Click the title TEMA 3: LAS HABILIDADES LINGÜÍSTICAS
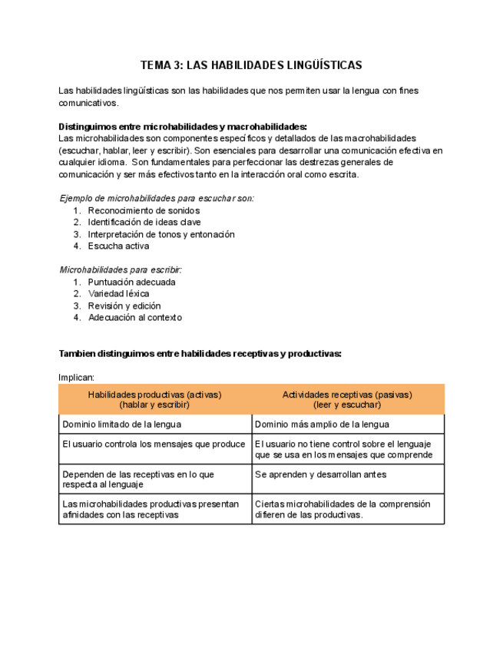click(251, 65)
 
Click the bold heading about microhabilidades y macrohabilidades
click(183, 127)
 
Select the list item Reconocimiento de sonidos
click(144, 210)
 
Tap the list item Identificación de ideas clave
click(144, 223)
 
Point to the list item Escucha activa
click(118, 246)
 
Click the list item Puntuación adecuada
click(131, 282)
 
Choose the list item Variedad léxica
click(118, 293)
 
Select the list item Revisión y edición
click(124, 306)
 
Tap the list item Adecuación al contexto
click(134, 317)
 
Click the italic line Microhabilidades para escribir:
click(121, 270)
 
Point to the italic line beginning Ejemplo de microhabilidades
click(157, 198)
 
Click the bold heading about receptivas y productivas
click(200, 353)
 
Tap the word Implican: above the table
click(77, 377)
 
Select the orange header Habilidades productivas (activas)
click(154, 399)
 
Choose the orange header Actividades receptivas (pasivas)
click(347, 399)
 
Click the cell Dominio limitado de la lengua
click(122, 424)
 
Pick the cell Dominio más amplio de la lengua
click(322, 424)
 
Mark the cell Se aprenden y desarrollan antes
click(320, 474)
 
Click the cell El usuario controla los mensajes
click(154, 444)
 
